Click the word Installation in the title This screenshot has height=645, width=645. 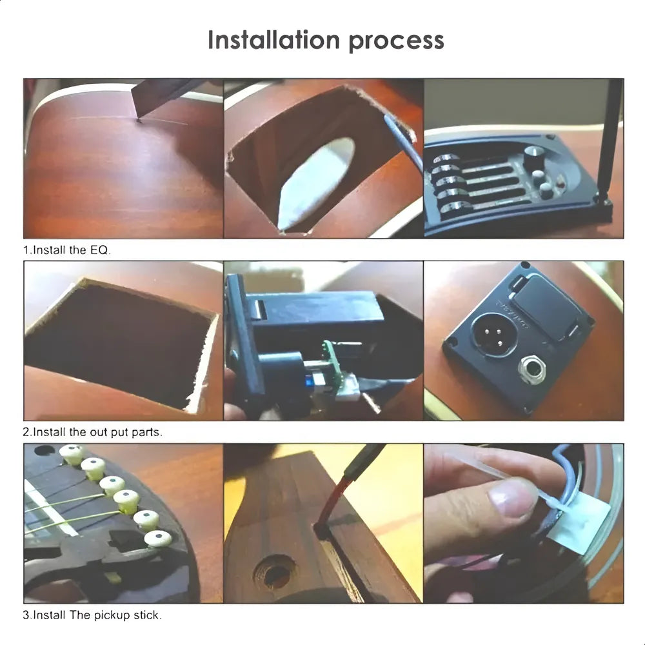click(273, 40)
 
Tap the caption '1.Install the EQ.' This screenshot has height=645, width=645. click(66, 250)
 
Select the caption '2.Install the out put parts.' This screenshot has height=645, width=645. click(92, 432)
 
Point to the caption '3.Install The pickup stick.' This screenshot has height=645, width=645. click(92, 615)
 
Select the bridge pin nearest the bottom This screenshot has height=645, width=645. click(158, 539)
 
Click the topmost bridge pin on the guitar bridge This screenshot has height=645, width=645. click(73, 453)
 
